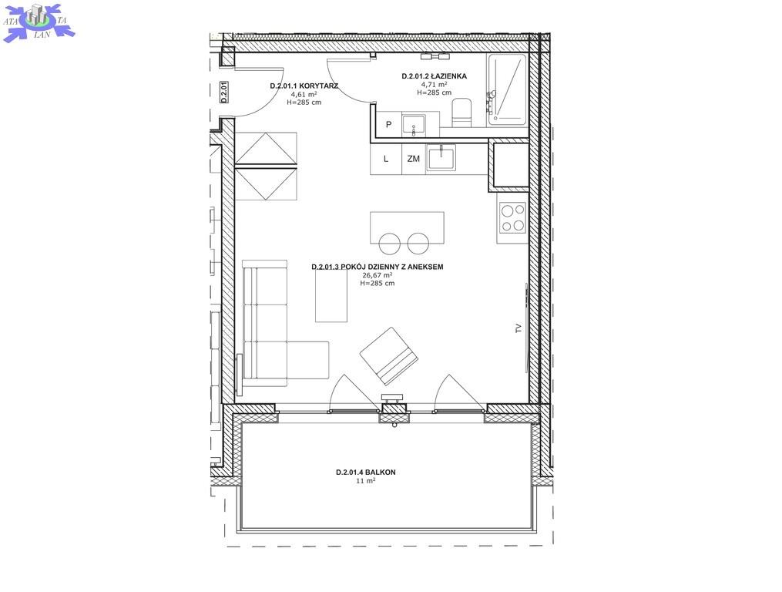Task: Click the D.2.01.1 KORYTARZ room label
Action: coord(304,86)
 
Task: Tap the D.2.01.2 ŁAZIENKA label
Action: coord(435,76)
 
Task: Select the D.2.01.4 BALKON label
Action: coord(365,473)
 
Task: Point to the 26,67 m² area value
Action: coord(377,275)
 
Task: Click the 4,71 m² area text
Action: coord(435,84)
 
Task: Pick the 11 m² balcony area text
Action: coord(365,481)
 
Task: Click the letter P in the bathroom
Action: coord(389,124)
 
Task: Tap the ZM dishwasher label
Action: coord(414,159)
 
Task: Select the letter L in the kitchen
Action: coord(386,159)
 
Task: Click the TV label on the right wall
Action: coord(519,328)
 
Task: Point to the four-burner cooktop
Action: coord(513,218)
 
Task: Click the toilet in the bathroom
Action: coord(461,113)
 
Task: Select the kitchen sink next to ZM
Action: coord(441,158)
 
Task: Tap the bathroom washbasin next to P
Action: coord(414,125)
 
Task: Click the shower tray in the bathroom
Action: coord(507,89)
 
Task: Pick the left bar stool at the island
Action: coord(390,243)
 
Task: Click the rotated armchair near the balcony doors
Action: coord(389,356)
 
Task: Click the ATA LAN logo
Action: coord(39,22)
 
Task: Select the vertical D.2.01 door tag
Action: coord(224,92)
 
